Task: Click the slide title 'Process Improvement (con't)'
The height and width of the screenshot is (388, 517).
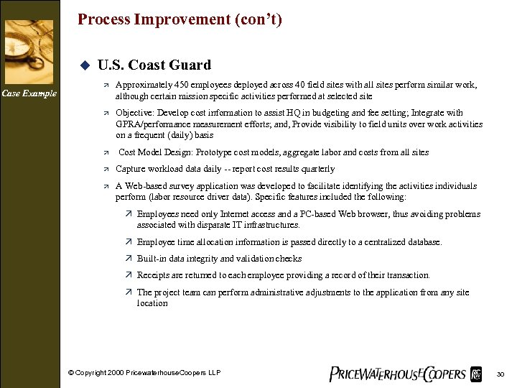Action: point(180,19)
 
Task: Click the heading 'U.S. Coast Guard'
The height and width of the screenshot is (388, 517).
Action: point(154,65)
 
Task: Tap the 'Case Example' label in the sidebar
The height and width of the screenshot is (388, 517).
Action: point(29,93)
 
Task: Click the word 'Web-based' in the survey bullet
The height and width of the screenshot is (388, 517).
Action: point(144,186)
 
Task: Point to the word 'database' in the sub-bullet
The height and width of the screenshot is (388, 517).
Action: point(421,242)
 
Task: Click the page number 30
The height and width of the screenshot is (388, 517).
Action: point(500,374)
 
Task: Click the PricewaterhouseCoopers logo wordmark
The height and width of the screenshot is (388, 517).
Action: point(396,373)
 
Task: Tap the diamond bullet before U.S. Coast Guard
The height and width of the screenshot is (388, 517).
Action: point(83,65)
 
